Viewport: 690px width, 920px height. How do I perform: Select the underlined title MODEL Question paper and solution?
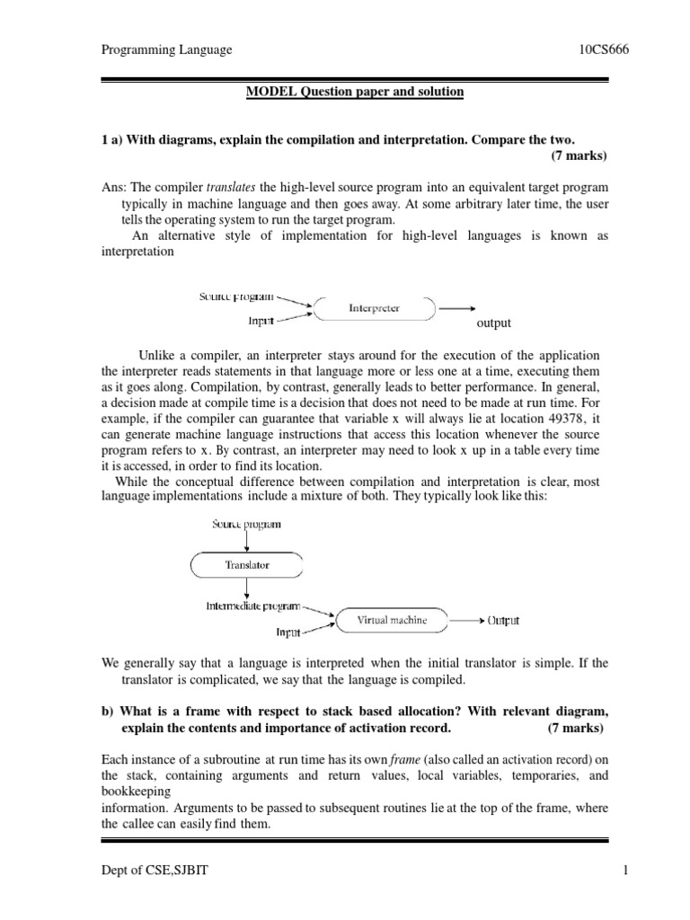(356, 93)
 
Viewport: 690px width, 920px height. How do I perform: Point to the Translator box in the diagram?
(246, 565)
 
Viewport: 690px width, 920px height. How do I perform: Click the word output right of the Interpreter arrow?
(493, 323)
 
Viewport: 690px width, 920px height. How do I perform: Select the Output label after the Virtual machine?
(503, 621)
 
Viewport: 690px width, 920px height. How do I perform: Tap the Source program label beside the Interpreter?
(236, 296)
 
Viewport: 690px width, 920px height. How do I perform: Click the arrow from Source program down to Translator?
(246, 541)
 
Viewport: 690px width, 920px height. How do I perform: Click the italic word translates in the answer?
(232, 188)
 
